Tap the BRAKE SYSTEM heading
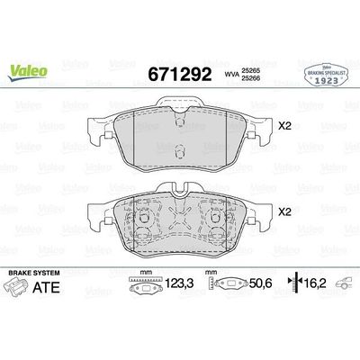point(33,271)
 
